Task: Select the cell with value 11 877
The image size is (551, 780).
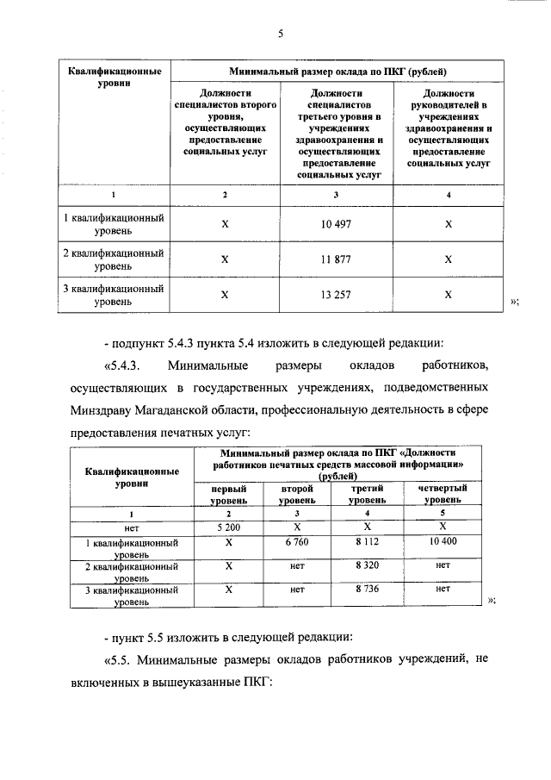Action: (x=336, y=259)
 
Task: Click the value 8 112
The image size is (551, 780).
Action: (x=366, y=544)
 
